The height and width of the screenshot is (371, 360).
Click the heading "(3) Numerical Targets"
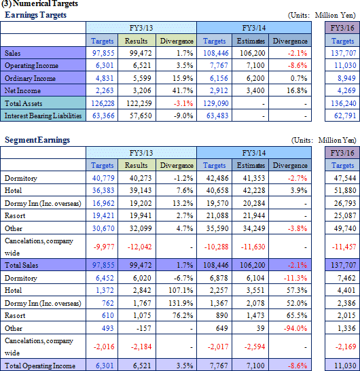(39, 3)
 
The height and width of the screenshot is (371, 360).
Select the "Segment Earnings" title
(37, 140)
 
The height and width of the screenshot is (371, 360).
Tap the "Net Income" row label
(22, 90)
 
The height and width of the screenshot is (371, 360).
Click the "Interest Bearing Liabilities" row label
(43, 116)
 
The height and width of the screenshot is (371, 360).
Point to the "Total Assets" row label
(23, 103)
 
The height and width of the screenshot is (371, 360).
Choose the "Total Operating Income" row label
(40, 366)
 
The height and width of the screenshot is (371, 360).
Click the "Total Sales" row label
(21, 265)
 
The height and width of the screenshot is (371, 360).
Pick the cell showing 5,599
(142, 78)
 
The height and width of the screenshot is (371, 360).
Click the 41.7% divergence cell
(183, 90)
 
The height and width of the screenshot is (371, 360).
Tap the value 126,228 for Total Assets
(103, 103)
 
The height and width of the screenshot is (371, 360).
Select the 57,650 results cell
(141, 116)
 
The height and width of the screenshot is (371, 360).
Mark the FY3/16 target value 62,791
(345, 116)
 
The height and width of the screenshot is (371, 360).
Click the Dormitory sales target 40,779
(103, 178)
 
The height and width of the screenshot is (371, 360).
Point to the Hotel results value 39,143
(141, 190)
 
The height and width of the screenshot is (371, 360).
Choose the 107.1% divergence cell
(181, 290)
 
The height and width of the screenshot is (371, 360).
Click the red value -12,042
(139, 247)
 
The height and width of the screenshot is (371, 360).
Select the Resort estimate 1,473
(255, 316)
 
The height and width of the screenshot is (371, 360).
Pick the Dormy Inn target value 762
(108, 303)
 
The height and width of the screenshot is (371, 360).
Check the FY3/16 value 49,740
(345, 228)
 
